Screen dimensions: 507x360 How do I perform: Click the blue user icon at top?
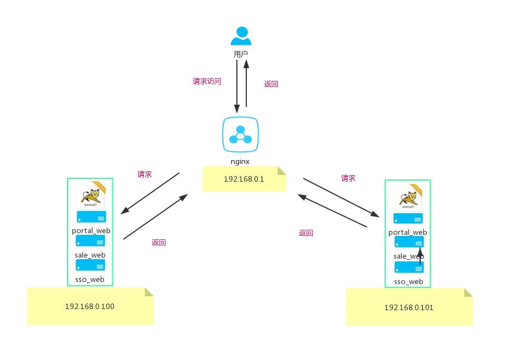tap(241, 35)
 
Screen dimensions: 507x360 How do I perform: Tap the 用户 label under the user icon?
tap(241, 54)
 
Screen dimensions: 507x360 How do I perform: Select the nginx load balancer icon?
tap(240, 134)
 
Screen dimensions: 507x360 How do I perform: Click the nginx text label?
tap(240, 161)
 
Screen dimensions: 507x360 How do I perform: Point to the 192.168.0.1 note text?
tap(244, 179)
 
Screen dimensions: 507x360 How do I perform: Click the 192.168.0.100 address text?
tap(90, 306)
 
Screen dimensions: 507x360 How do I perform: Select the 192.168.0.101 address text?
tap(409, 307)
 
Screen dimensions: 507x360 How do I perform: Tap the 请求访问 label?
tap(207, 81)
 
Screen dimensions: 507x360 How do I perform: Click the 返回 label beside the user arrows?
tap(271, 84)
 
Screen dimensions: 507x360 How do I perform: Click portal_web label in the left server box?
tap(91, 230)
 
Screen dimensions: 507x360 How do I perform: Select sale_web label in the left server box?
tap(90, 255)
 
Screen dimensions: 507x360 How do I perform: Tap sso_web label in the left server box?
tap(90, 280)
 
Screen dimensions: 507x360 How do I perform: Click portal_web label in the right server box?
tap(408, 232)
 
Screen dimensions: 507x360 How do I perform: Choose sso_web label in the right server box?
tap(408, 282)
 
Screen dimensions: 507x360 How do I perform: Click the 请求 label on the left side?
tap(144, 174)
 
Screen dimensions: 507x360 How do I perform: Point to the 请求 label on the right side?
tap(348, 178)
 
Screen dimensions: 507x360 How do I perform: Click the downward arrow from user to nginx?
tap(237, 86)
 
